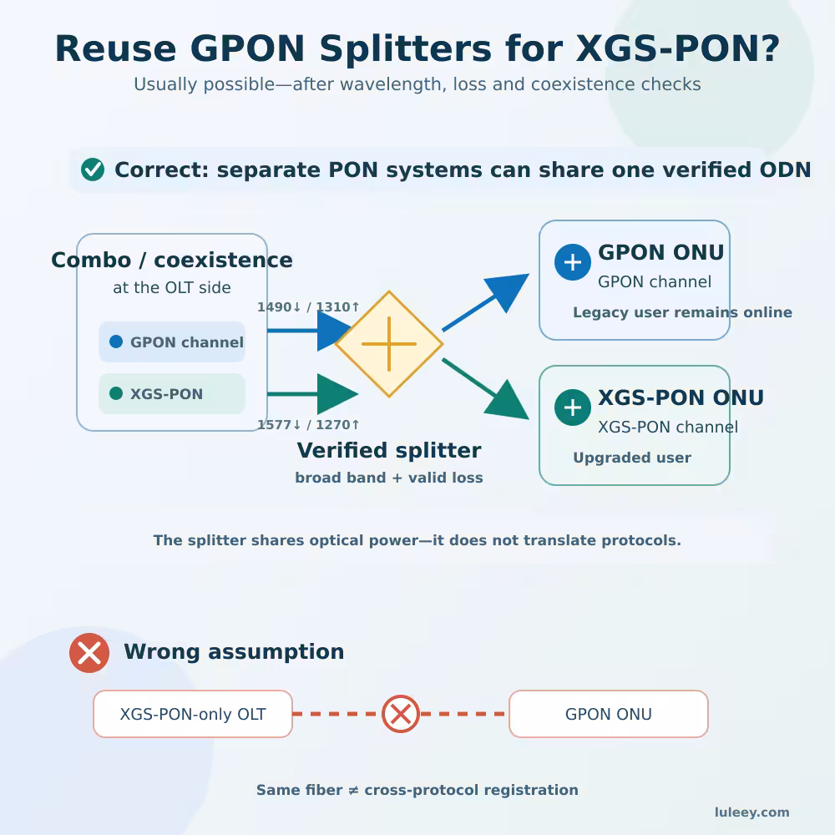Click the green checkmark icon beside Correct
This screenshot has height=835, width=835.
pyautogui.click(x=93, y=170)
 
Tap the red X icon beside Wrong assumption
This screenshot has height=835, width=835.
pyautogui.click(x=89, y=653)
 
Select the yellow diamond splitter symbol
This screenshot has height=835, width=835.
pyautogui.click(x=389, y=344)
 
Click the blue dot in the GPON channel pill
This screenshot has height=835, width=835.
pyautogui.click(x=116, y=342)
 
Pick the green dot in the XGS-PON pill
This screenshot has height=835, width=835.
pyautogui.click(x=116, y=393)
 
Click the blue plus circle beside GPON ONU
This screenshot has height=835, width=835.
pyautogui.click(x=573, y=262)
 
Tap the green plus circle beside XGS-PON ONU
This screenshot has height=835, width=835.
pyautogui.click(x=573, y=407)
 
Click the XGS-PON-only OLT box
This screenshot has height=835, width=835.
pyautogui.click(x=193, y=714)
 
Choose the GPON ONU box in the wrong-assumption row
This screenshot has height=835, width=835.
pyautogui.click(x=609, y=714)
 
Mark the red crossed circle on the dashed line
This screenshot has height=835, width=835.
pyautogui.click(x=401, y=714)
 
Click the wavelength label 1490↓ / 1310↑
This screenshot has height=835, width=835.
pyautogui.click(x=308, y=306)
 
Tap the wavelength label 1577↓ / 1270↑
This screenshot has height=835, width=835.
pyautogui.click(x=308, y=424)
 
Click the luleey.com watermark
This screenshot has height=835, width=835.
pyautogui.click(x=752, y=812)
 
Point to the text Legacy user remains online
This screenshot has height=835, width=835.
pyautogui.click(x=683, y=312)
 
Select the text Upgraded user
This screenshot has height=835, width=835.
pyautogui.click(x=632, y=458)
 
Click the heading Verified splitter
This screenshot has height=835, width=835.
pyautogui.click(x=389, y=451)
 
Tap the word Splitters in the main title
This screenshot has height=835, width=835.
pyautogui.click(x=406, y=49)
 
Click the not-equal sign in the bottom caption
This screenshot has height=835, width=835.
pyautogui.click(x=353, y=790)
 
